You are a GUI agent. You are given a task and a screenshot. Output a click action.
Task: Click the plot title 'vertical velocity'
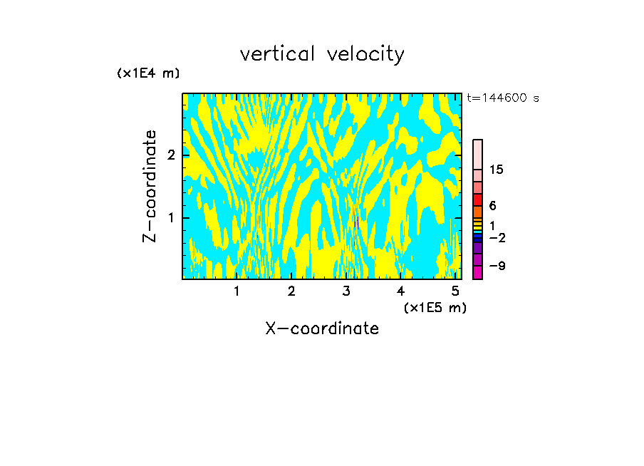(x=322, y=54)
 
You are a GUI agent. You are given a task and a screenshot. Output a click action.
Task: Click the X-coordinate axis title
(x=322, y=328)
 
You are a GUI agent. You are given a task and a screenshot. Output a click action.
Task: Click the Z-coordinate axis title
(x=150, y=186)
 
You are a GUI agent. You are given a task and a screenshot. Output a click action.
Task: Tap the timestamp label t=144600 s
(x=502, y=98)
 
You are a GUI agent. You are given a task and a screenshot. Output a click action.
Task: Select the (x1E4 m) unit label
(x=148, y=73)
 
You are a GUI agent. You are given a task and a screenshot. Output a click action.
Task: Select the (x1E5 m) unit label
(x=435, y=307)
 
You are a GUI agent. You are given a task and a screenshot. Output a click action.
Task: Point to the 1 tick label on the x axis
(x=237, y=291)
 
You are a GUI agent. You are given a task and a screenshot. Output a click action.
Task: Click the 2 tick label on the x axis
(x=291, y=291)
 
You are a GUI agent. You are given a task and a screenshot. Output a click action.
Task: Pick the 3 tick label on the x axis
(x=346, y=291)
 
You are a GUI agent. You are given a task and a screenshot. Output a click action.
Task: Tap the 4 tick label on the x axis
(x=400, y=291)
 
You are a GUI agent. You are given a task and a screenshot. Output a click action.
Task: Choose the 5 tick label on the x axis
(x=455, y=291)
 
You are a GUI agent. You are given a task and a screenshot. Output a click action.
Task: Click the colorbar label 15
(x=497, y=170)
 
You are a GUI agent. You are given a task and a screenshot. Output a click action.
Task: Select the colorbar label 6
(x=492, y=206)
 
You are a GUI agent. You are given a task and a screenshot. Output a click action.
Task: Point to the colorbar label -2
(x=497, y=238)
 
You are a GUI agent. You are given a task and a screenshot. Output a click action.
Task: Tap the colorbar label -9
(x=497, y=266)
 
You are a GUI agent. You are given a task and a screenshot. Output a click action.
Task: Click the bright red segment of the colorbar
(x=478, y=200)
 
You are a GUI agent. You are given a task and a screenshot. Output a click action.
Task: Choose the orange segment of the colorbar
(x=478, y=212)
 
